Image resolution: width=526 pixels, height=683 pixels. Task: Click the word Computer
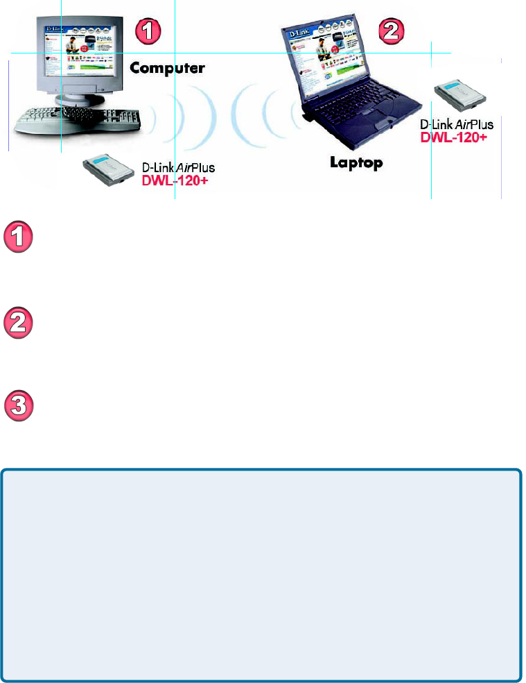(167, 68)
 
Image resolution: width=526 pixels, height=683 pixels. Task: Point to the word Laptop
(356, 163)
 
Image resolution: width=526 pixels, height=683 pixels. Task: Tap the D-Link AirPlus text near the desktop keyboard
(178, 167)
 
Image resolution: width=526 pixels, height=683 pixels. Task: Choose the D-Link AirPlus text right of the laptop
(457, 124)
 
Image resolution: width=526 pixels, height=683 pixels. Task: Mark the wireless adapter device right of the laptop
(459, 99)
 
